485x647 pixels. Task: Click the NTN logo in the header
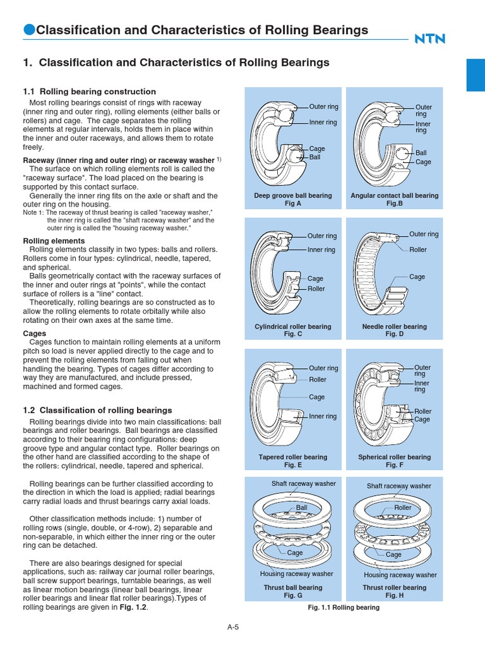click(x=429, y=39)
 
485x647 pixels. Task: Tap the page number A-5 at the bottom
click(x=233, y=627)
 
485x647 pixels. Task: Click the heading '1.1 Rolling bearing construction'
click(x=89, y=92)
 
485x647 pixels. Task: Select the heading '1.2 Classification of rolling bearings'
click(x=97, y=410)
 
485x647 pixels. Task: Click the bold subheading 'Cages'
click(x=34, y=333)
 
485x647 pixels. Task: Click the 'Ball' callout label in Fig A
click(x=314, y=157)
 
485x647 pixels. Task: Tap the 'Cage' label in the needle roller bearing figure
click(x=417, y=277)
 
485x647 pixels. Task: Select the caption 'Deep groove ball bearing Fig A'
click(x=292, y=200)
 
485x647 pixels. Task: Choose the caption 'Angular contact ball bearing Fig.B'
click(x=394, y=200)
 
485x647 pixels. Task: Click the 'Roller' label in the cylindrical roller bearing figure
click(x=316, y=289)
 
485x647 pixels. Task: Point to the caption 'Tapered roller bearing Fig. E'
click(x=292, y=461)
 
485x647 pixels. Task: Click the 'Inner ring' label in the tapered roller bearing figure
click(x=323, y=416)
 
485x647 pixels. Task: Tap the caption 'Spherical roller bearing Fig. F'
click(x=394, y=461)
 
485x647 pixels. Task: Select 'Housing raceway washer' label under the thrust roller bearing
click(x=400, y=575)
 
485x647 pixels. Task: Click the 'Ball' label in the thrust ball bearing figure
click(x=301, y=507)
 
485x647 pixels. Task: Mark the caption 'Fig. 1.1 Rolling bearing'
click(x=344, y=607)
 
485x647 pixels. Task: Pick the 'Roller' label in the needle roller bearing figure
click(x=417, y=250)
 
